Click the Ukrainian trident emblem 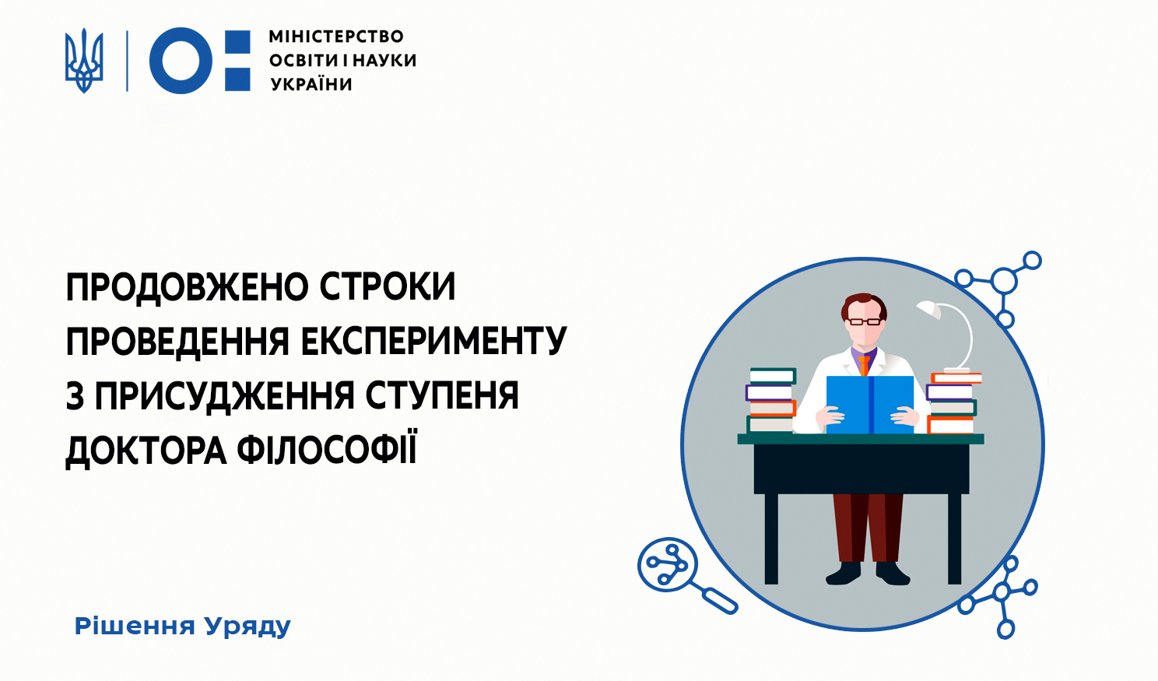(84, 61)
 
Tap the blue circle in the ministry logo (181, 61)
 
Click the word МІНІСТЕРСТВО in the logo (336, 37)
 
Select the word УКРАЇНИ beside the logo (311, 84)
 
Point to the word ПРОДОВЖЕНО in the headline (187, 287)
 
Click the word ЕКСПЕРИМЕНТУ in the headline (434, 341)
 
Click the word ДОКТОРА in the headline (146, 451)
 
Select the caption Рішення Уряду (182, 626)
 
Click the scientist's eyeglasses (865, 321)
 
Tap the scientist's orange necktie (864, 365)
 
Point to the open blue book (870, 405)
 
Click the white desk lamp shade (929, 309)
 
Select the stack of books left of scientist (770, 400)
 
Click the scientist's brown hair (864, 303)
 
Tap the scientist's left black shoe (843, 574)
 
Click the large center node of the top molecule (1003, 281)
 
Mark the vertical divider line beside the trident (127, 61)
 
